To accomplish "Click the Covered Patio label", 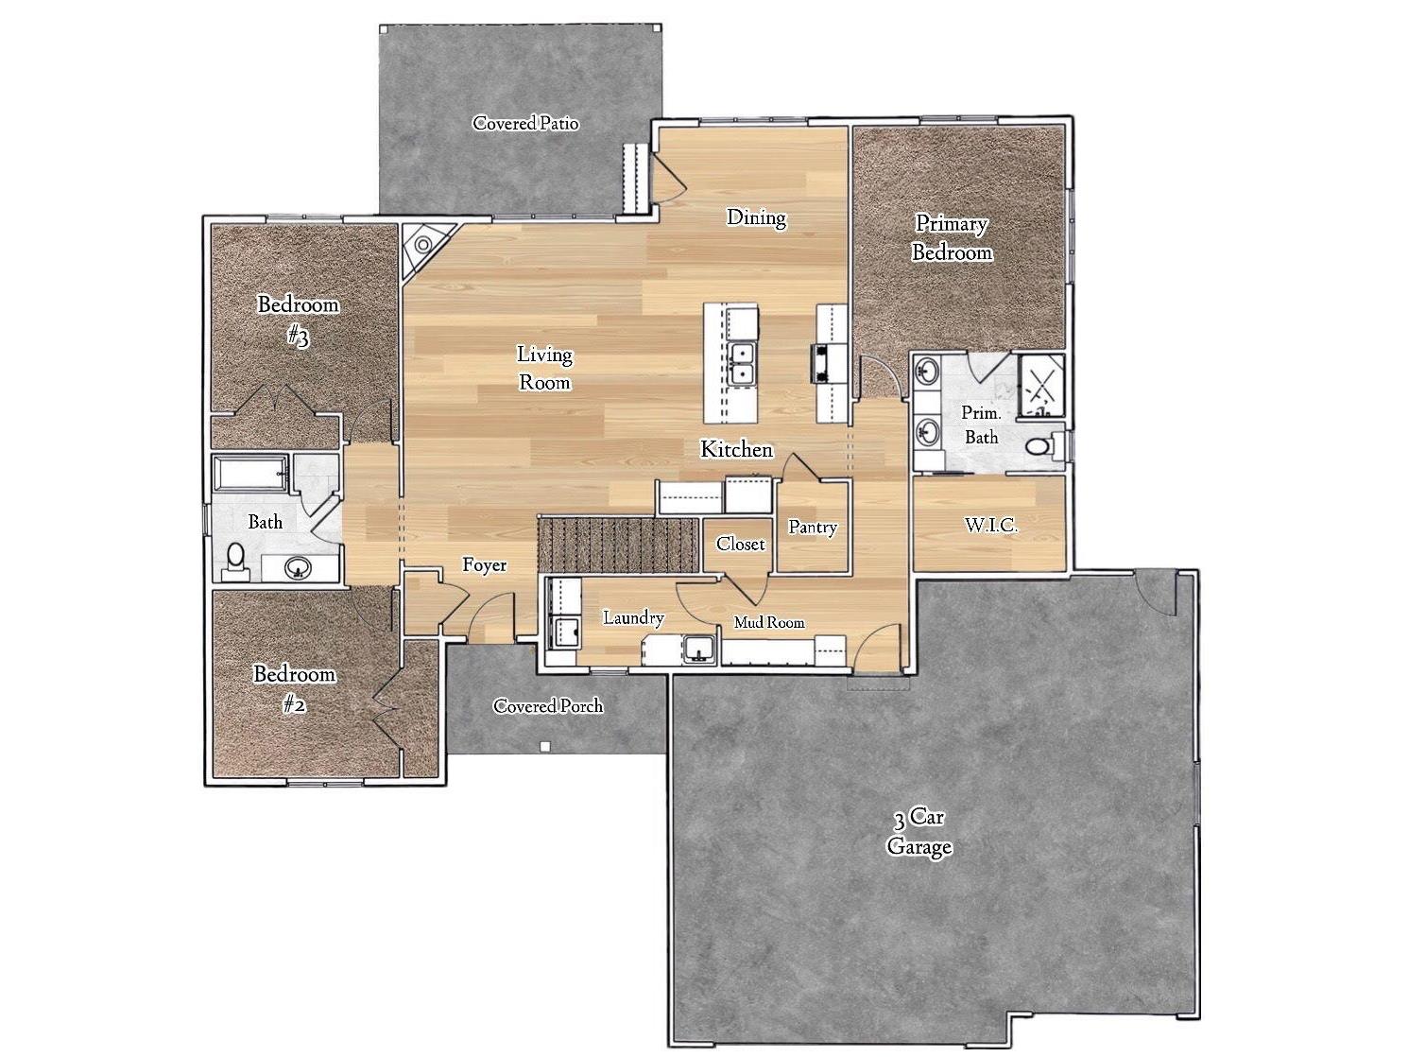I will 525,123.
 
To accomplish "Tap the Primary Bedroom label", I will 952,238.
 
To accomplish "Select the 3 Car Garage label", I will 919,833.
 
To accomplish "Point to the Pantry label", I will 813,528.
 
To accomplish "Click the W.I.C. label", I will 990,525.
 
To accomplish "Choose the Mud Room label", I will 769,622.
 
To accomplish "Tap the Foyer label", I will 484,565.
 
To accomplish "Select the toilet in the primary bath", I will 1040,445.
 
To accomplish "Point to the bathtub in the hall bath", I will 250,473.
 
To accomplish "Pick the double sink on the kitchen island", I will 743,363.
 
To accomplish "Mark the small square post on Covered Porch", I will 545,746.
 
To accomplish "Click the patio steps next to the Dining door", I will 635,179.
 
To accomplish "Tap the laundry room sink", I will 699,650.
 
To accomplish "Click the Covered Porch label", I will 548,706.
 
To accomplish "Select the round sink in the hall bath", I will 300,568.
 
